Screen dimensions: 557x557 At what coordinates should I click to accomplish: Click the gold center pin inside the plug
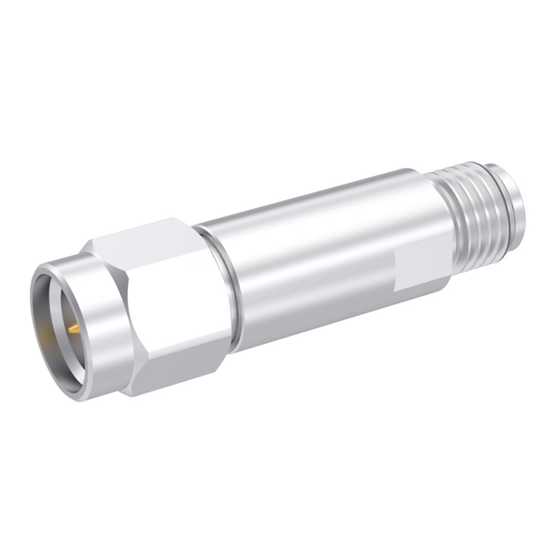73,328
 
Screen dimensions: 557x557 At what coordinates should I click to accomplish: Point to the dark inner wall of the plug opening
54,318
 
